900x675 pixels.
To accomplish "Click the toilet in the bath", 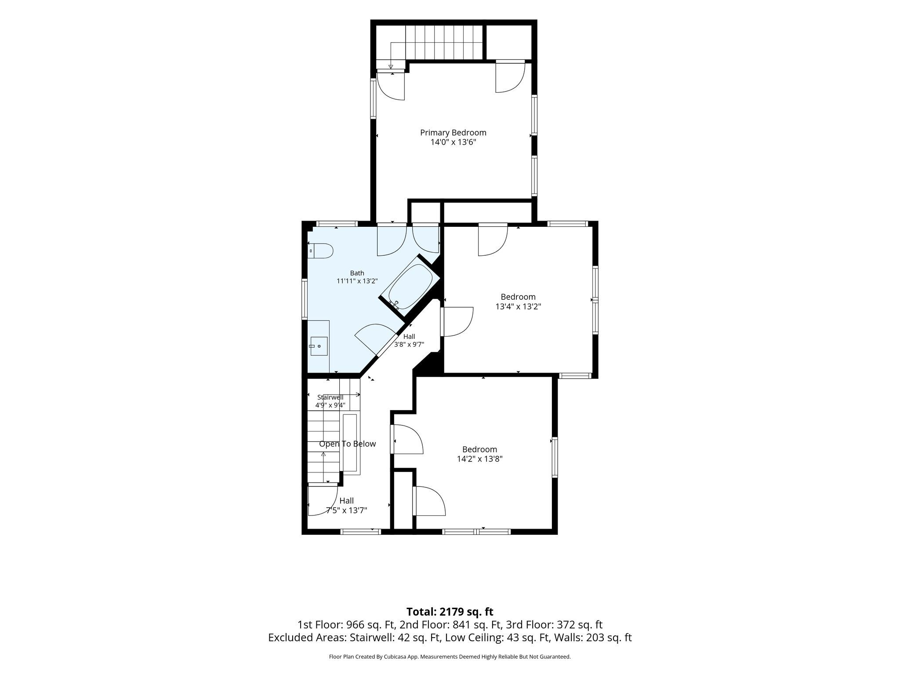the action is pos(320,251).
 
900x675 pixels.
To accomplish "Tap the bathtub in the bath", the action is pos(410,287).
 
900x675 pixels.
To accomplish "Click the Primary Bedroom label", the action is pos(453,133).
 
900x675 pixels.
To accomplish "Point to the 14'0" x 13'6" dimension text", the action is pos(453,142).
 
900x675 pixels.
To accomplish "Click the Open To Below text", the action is pos(347,444).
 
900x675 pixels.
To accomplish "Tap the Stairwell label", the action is pos(330,397).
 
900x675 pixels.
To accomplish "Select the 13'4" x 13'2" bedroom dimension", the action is pos(518,307).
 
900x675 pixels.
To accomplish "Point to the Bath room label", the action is pos(357,273).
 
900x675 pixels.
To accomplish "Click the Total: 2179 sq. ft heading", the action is pos(450,612).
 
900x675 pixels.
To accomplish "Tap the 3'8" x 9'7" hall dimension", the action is pos(409,345).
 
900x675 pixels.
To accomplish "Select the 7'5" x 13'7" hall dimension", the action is pos(346,510).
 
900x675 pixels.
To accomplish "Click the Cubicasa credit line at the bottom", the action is pos(450,657).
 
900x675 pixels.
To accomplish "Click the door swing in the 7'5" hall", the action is pos(323,500).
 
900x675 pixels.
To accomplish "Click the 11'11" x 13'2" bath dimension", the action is pos(357,281).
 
